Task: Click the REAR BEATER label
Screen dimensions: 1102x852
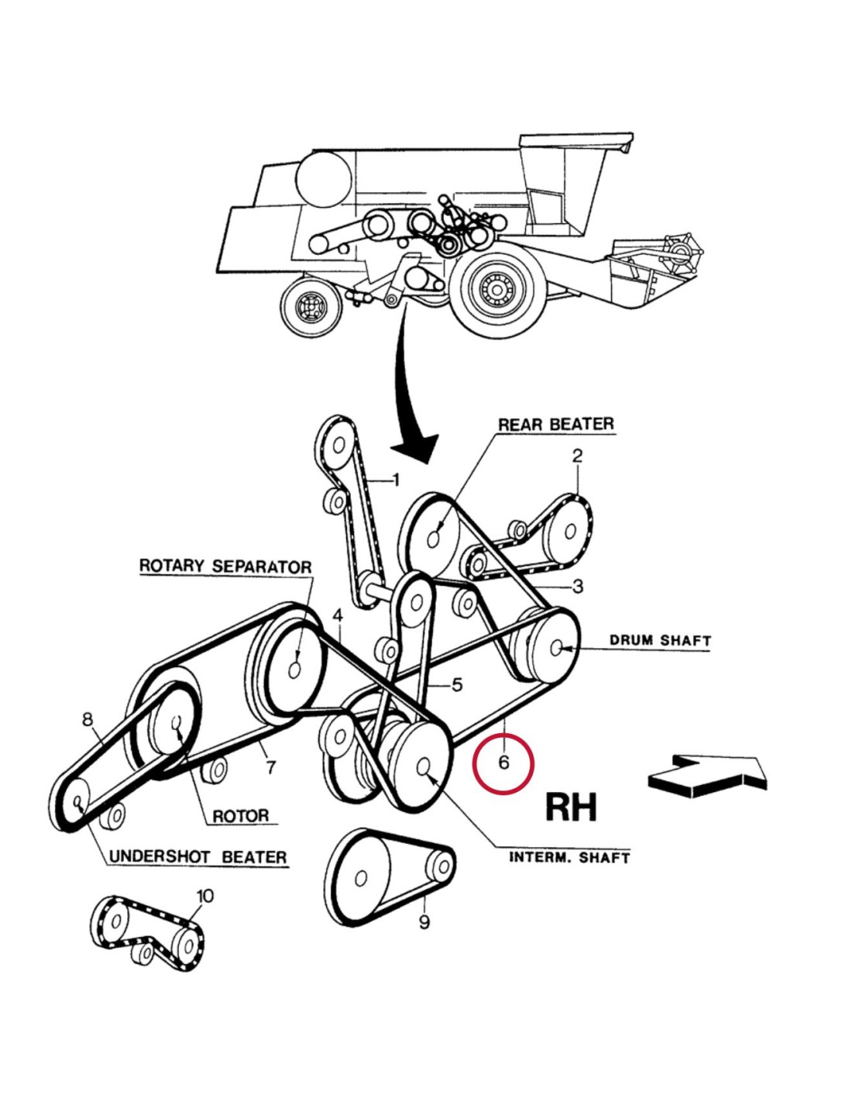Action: tap(555, 425)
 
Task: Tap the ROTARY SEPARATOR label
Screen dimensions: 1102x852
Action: tap(225, 566)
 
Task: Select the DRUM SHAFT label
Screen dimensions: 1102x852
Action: tap(660, 640)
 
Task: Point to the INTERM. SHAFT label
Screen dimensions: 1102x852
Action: tap(569, 857)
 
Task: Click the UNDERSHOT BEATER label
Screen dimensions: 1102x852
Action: tap(198, 856)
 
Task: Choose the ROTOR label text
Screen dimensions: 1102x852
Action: tap(241, 815)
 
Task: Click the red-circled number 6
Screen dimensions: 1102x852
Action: tap(504, 763)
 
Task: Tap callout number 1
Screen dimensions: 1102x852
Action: tap(396, 480)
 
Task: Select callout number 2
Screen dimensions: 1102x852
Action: tap(577, 456)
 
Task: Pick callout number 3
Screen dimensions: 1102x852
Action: tap(578, 587)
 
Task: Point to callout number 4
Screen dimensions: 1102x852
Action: tap(338, 616)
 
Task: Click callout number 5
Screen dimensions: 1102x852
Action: tap(457, 684)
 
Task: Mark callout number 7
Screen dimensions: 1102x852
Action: tap(271, 767)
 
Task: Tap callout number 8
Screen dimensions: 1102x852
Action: tap(88, 720)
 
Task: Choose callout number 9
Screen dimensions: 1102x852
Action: tap(424, 922)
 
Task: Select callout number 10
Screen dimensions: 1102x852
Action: tap(204, 897)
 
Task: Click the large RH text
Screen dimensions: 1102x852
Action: tap(572, 807)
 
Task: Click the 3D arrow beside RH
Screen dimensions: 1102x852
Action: tap(706, 775)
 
